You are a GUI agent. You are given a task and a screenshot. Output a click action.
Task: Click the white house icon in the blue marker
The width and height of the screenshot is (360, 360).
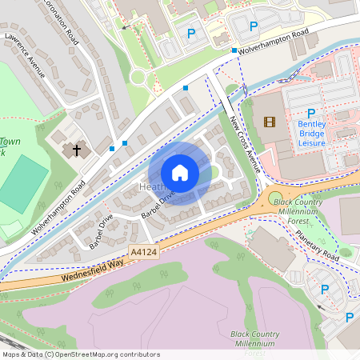pos(180,173)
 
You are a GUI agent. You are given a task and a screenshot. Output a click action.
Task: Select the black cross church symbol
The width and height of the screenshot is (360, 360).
pos(78,150)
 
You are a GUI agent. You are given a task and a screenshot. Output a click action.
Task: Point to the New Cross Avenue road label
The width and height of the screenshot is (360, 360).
pos(246,144)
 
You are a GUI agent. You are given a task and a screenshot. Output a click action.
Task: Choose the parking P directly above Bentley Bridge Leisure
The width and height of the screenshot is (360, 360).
pos(310,113)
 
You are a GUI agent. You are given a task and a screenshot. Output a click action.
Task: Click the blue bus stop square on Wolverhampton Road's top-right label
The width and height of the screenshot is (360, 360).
pos(234,50)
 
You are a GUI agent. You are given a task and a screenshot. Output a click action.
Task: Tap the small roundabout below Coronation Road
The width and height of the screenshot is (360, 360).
pos(137,78)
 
